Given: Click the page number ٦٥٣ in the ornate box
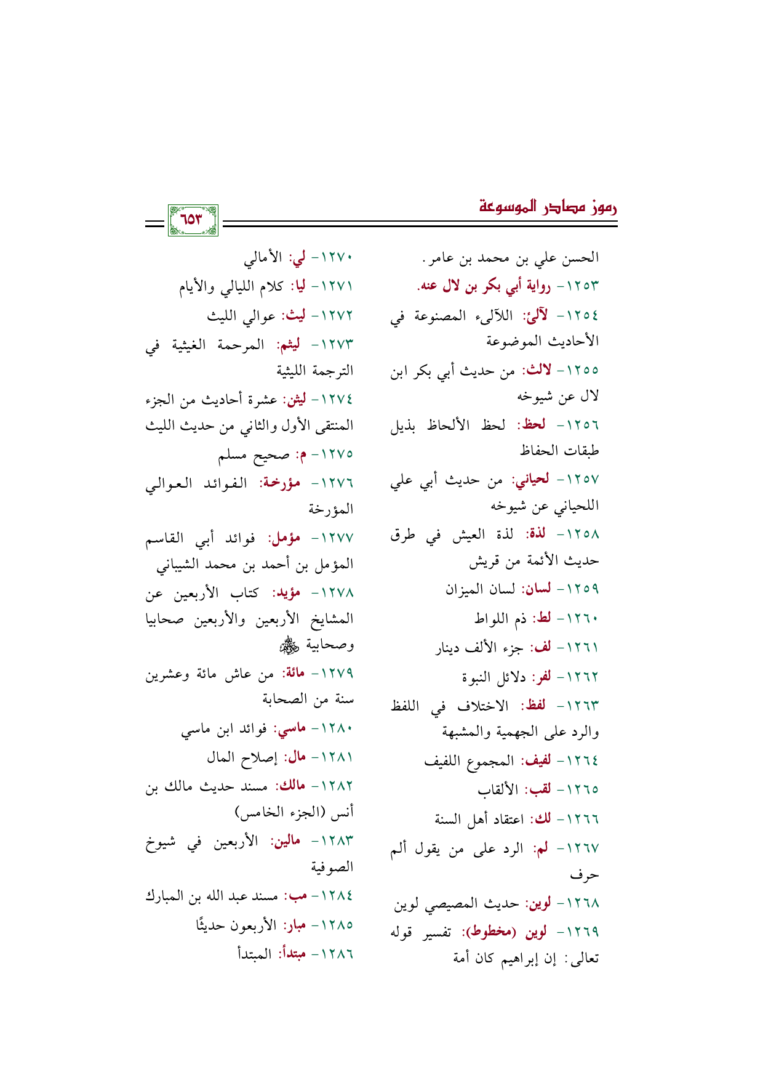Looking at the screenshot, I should point(193,220).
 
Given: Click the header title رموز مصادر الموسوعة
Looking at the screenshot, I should point(548,207).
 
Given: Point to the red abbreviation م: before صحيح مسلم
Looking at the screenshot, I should point(302,454).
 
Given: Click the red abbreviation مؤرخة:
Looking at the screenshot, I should point(282,483).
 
